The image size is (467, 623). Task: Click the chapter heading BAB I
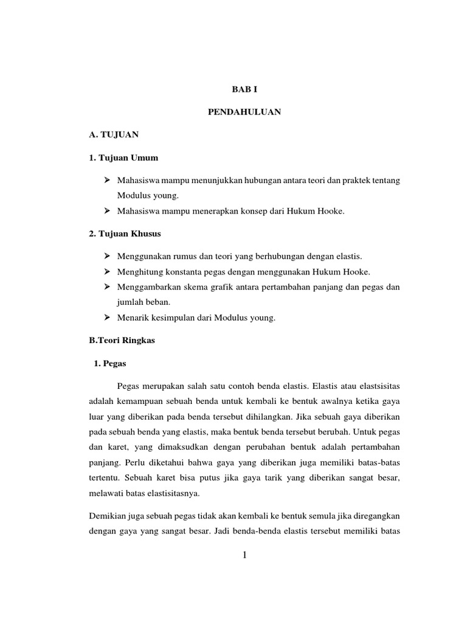coord(244,89)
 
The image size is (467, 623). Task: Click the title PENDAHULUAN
coord(244,112)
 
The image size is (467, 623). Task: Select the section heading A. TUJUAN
coord(114,135)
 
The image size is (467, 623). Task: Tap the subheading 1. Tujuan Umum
coord(123,158)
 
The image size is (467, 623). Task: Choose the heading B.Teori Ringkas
coord(122,341)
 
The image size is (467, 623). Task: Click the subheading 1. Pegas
coord(110,363)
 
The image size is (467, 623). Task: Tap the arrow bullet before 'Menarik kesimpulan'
coord(106,317)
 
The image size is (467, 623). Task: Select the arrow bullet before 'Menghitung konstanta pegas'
coord(106,271)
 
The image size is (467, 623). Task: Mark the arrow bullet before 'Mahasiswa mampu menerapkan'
coord(106,211)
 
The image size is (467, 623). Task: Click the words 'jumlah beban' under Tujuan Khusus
coord(141,302)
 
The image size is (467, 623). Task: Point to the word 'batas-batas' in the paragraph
coord(380,462)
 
